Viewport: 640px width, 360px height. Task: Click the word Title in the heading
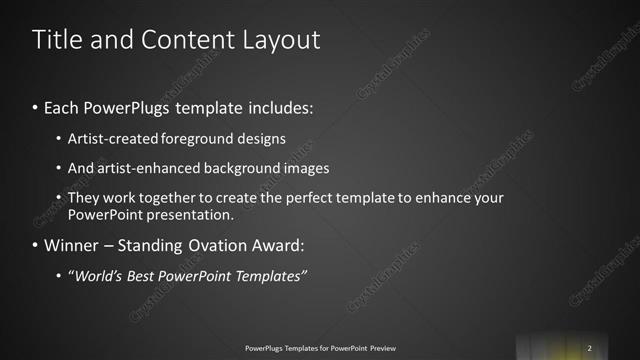click(56, 40)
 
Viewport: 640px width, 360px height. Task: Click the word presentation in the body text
click(188, 215)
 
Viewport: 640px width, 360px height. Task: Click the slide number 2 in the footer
click(590, 347)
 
